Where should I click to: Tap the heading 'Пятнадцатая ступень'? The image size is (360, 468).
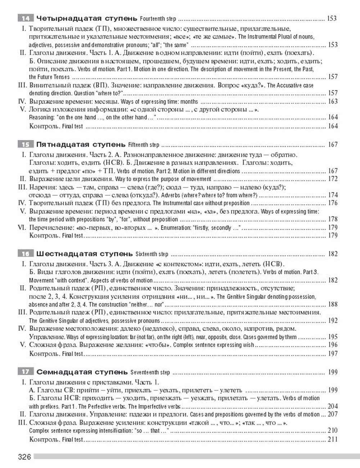coord(81,145)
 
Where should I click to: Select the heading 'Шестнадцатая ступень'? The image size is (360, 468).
coord(85,254)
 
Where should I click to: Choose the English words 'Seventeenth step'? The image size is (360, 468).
coord(150,372)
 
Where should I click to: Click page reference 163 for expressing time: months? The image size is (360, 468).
coord(333,102)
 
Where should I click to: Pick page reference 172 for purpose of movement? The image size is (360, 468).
coord(333,179)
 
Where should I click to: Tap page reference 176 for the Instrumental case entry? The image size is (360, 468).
coord(333,203)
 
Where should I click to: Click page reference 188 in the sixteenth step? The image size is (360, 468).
coord(333,304)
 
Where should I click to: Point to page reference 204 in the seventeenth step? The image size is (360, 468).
coord(333,406)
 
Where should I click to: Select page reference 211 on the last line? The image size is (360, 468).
coord(333,439)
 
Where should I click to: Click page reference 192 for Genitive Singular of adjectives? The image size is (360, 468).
coord(333,320)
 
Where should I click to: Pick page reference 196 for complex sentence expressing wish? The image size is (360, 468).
coord(333,345)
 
